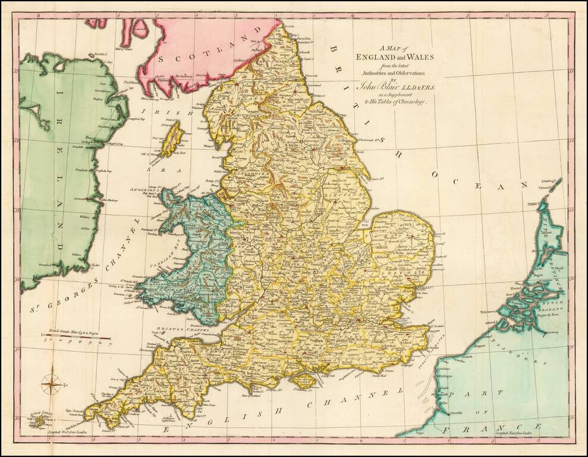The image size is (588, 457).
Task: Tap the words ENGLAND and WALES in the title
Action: pos(386,57)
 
